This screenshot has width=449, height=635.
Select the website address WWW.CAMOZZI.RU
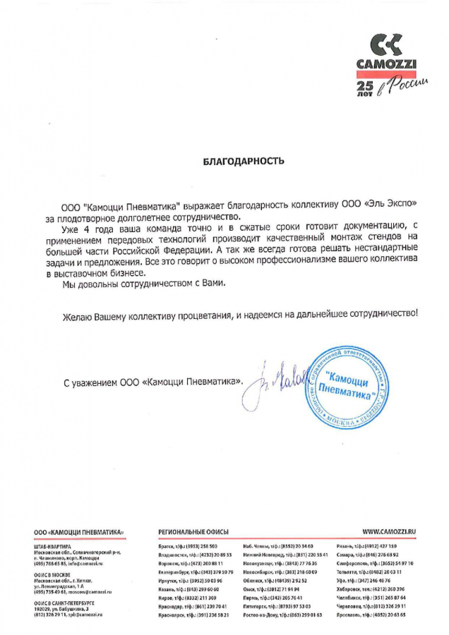coord(388,531)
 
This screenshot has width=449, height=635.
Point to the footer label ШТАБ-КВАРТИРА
coord(52,546)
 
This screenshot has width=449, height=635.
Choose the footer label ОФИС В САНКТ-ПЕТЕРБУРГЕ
coord(64,604)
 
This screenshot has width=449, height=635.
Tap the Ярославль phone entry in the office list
coord(388,615)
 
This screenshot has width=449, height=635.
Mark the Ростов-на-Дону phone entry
coord(282,615)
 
